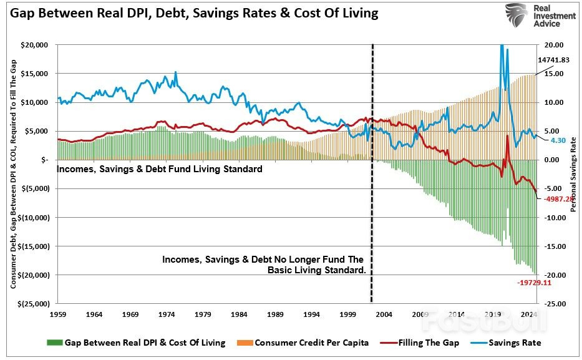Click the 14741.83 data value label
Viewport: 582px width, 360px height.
553,59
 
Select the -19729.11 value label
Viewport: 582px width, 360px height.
535,282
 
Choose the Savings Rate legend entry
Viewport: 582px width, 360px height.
515,343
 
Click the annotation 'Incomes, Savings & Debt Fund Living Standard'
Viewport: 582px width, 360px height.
160,169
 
